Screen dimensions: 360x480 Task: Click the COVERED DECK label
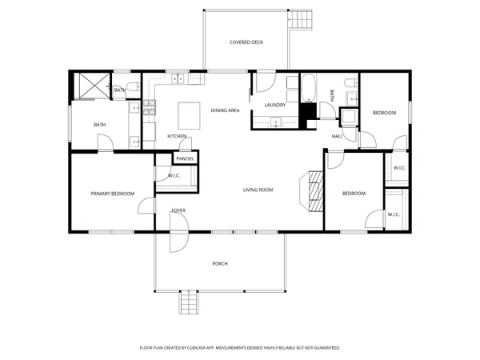[246, 42]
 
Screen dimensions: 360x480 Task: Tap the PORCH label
[219, 264]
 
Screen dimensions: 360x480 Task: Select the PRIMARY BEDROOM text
[112, 194]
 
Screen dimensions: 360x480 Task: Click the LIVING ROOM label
[258, 190]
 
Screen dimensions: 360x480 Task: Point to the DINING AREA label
[225, 110]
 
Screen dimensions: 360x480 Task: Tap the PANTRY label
[185, 159]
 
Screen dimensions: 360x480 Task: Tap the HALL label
[338, 136]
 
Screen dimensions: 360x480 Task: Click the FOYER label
[178, 210]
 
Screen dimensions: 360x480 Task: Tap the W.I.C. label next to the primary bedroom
[174, 175]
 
